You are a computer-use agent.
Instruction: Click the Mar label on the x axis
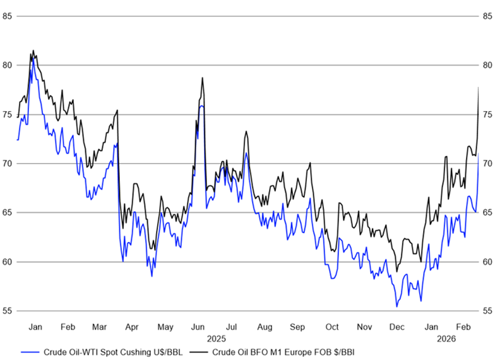[99, 327]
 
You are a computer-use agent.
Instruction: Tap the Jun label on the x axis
[198, 327]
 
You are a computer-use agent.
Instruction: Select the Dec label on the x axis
[397, 327]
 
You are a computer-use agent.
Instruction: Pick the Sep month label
[298, 327]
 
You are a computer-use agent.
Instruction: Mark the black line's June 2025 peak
[202, 78]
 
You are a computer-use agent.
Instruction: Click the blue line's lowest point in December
[397, 306]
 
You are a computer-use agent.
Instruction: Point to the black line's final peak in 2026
[478, 87]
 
